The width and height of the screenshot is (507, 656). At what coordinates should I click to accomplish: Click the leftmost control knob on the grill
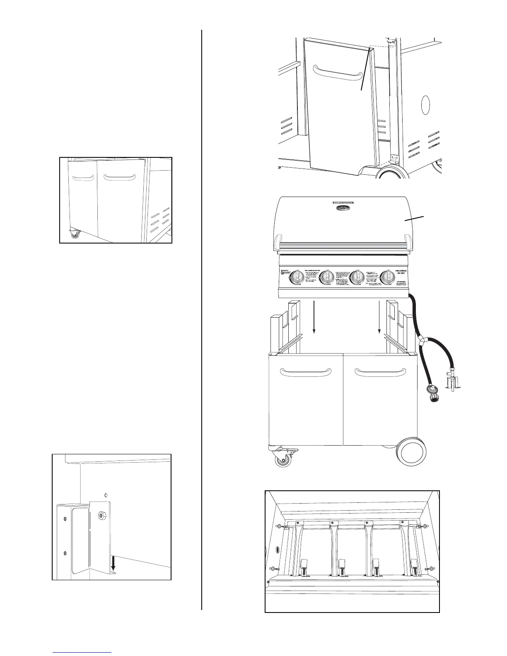coord(297,277)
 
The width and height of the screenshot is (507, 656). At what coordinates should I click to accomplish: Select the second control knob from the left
coord(328,277)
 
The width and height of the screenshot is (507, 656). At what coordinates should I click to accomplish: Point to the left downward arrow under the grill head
coord(314,317)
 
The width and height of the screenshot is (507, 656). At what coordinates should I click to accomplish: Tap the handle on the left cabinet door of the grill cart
coord(306,372)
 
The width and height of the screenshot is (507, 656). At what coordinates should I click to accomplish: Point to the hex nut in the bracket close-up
coord(101,516)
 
